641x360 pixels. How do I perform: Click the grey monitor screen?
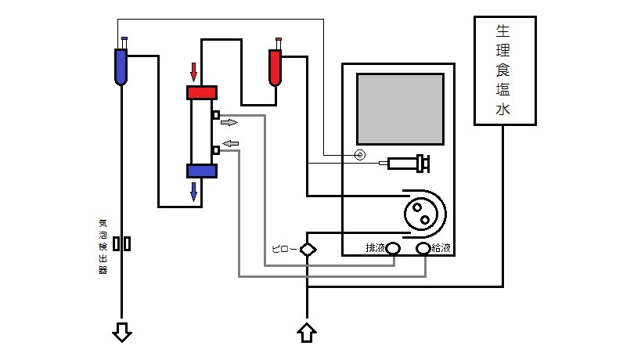coord(400,109)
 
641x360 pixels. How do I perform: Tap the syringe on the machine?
coord(405,164)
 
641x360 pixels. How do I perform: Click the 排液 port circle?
coord(393,248)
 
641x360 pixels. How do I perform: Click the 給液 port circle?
coord(423,248)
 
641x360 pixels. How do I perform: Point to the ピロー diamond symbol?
coord(308,250)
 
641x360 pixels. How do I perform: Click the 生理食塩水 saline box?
coord(505,70)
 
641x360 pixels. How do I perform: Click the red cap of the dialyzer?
coord(202,93)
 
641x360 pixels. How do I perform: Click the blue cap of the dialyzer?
coord(202,171)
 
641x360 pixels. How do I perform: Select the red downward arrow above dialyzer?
coord(194,72)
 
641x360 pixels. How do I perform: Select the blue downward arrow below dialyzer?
coord(194,192)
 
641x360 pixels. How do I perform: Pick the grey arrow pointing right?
coord(229,122)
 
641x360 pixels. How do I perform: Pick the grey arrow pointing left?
coord(231,143)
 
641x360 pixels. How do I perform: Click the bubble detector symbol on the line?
coord(122,244)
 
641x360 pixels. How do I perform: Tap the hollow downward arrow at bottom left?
coord(122,332)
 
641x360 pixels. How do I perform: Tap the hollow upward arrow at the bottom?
coord(307,333)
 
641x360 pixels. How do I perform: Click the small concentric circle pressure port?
coord(360,155)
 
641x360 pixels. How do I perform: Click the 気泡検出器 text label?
coord(103,247)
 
